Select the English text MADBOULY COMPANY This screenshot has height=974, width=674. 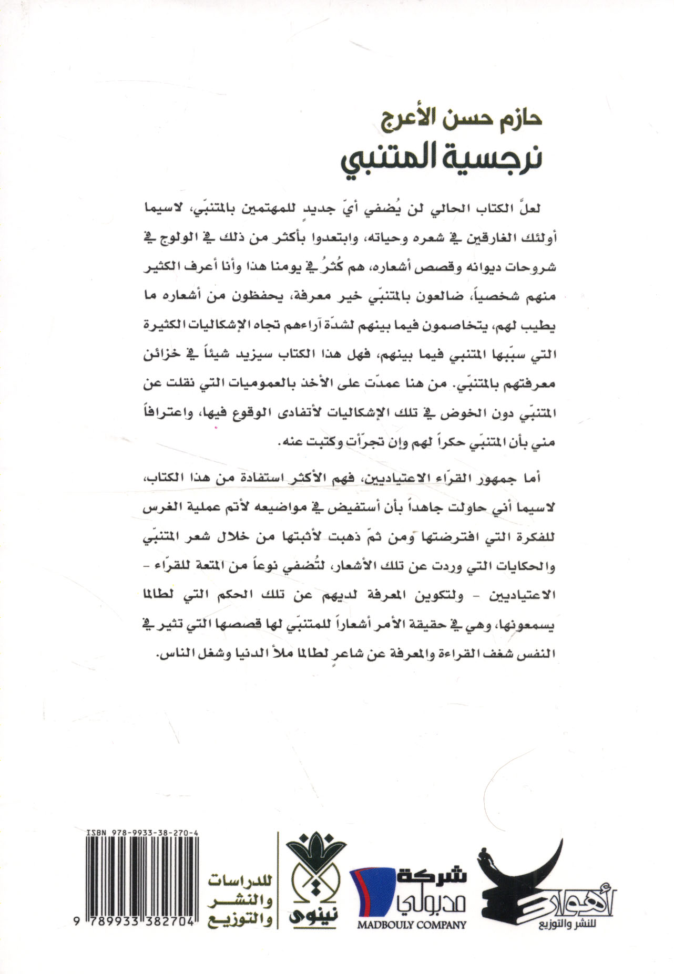[411, 925]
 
